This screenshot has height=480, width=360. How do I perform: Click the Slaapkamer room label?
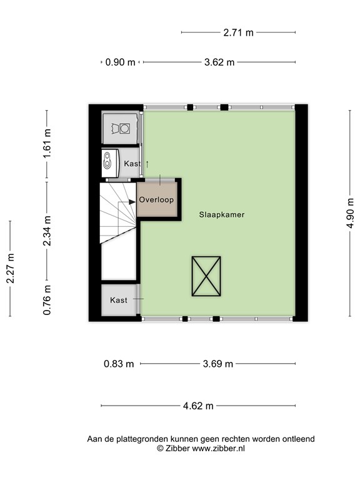[x=221, y=214]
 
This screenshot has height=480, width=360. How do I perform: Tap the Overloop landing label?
[x=156, y=200]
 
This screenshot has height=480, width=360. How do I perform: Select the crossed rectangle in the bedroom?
[x=206, y=276]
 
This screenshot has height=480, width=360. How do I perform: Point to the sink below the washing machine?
[x=111, y=161]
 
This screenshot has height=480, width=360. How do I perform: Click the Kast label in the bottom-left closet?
[x=119, y=300]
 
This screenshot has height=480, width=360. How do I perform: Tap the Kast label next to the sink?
[x=132, y=163]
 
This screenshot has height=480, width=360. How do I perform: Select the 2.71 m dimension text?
[x=238, y=32]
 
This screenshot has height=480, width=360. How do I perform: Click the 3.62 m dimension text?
[x=219, y=62]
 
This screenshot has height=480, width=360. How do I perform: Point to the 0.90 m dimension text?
[x=120, y=62]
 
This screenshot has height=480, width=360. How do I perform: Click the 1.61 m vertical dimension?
[x=47, y=144]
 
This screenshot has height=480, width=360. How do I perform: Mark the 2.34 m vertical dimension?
[x=47, y=230]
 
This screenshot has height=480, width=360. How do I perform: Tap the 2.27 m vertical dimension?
[x=11, y=269]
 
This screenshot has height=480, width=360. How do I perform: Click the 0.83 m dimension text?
[x=119, y=364]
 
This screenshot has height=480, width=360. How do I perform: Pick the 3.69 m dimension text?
[x=218, y=364]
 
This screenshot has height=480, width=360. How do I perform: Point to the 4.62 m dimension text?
[x=198, y=406]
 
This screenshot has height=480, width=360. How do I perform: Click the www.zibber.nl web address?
[x=217, y=448]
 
